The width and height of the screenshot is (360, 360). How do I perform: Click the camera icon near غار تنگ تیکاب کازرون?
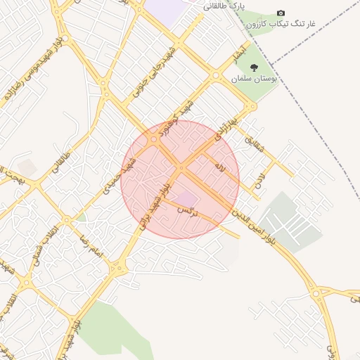pos(281,13)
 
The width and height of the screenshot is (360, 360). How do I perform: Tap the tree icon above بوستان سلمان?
pos(254,69)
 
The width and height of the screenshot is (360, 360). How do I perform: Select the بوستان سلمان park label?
pos(255,79)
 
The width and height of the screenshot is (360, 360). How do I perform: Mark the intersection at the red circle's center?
pos(181,169)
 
